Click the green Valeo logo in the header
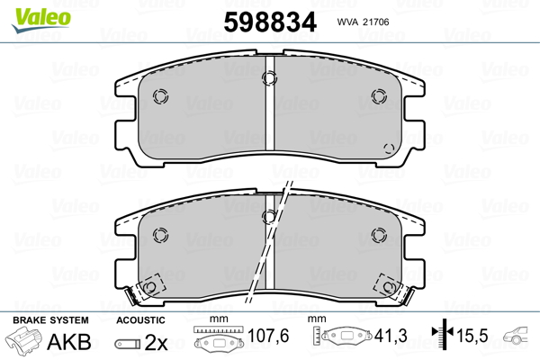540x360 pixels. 41,20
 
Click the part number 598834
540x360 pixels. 270,22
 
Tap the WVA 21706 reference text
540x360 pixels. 363,22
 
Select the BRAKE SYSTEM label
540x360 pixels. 50,320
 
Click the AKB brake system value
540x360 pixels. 69,342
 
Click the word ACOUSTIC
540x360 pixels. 140,320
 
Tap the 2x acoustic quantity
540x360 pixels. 156,342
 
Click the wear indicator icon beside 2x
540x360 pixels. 128,344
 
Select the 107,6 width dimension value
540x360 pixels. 268,336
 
